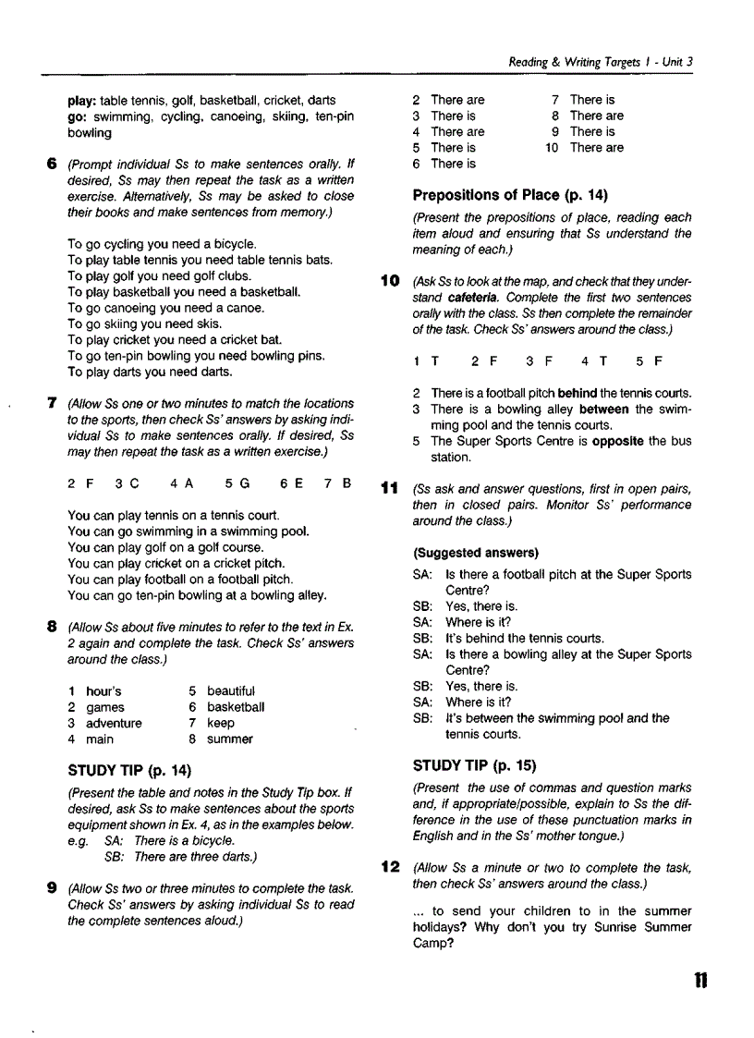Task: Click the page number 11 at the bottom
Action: point(700,981)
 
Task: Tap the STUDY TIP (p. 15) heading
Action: point(474,766)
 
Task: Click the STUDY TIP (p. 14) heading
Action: point(129,771)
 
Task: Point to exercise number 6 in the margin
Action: point(53,165)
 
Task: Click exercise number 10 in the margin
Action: point(390,280)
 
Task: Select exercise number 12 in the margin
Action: point(390,867)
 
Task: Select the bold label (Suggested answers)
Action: point(476,553)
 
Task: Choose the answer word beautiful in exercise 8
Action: point(231,691)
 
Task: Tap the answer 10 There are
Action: point(584,147)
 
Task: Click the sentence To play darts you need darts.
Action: point(150,372)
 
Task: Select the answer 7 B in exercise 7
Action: point(336,482)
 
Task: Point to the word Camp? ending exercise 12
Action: point(433,944)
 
